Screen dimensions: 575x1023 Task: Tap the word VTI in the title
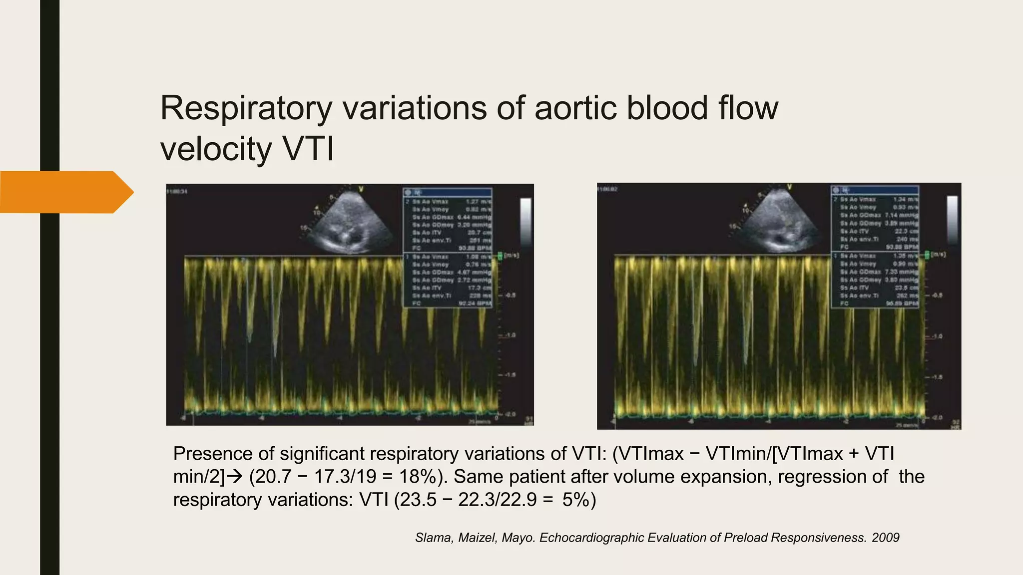point(308,149)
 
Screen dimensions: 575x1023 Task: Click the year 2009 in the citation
point(886,538)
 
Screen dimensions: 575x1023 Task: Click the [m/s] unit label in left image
point(511,256)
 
